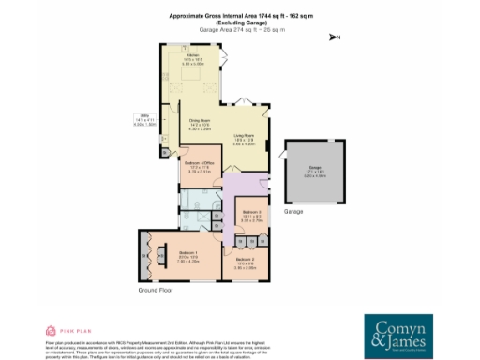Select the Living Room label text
(245, 141)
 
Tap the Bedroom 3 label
(250, 215)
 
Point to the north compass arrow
(333, 37)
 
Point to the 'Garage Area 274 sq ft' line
(239, 30)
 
